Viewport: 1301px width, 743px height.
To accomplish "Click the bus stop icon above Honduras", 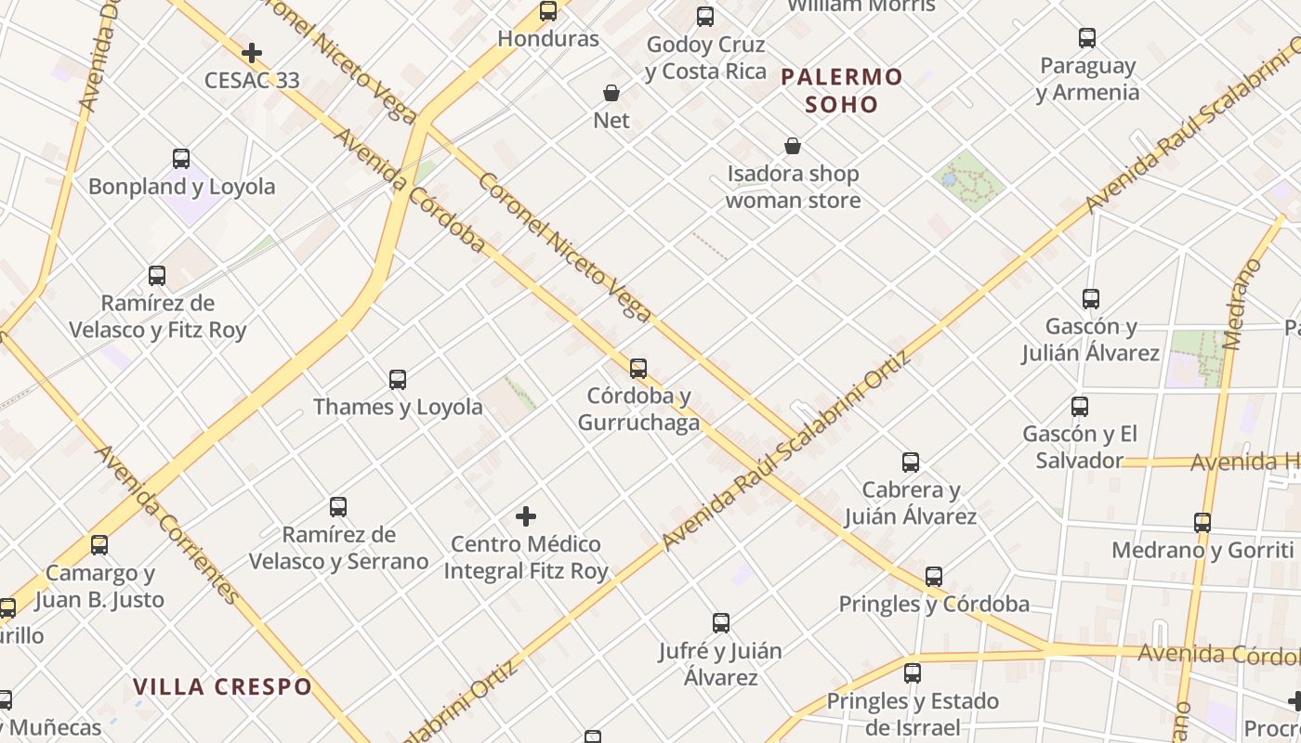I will (x=548, y=11).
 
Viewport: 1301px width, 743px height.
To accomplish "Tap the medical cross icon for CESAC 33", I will (x=251, y=53).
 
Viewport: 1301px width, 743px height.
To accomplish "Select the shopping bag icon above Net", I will (x=611, y=93).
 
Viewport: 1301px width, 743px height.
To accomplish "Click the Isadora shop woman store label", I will (x=793, y=187).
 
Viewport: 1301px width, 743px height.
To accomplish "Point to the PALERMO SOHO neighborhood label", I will (x=841, y=90).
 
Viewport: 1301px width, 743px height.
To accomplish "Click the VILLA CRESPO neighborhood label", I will (x=222, y=687).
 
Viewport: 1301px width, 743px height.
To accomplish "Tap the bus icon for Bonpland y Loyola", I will (x=181, y=159).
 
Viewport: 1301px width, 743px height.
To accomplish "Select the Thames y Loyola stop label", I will (x=398, y=407).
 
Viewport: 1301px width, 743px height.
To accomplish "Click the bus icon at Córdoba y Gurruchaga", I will (x=638, y=369).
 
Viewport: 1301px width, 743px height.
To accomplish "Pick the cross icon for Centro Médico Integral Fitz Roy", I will (x=526, y=516).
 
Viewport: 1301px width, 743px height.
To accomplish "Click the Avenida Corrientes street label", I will (x=168, y=524).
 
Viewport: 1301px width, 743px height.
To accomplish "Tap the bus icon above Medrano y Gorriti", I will (x=1202, y=523).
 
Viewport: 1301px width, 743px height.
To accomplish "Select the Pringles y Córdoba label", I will (x=934, y=604).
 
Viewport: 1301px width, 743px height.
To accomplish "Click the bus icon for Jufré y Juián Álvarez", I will (x=720, y=623).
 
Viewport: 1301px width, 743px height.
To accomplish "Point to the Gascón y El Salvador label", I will (x=1079, y=447).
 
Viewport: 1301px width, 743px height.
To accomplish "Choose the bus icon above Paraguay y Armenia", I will (x=1087, y=38).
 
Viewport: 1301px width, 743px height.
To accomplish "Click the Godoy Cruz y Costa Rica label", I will (x=705, y=58).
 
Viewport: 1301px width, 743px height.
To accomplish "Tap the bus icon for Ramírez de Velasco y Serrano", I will (x=338, y=507).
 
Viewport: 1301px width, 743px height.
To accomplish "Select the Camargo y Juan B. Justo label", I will (x=99, y=586).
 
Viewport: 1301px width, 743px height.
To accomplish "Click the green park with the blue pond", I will (x=969, y=180).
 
